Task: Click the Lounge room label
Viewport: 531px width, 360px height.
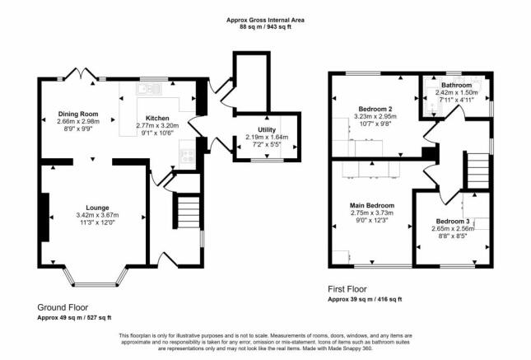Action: tap(97, 208)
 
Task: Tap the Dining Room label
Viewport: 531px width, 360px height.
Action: tap(78, 114)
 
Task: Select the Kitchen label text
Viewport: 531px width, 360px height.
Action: tap(157, 118)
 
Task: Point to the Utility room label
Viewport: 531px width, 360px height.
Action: tap(267, 129)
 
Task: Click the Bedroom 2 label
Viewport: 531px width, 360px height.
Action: tap(375, 109)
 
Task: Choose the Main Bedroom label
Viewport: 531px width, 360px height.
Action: tap(372, 205)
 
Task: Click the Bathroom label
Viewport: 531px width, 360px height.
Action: tap(457, 85)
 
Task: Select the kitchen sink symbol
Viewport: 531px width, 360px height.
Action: tap(149, 89)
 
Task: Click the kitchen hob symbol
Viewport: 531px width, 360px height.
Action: tap(187, 156)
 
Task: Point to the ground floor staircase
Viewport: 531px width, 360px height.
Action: tap(188, 211)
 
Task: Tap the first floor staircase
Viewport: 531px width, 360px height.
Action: tap(477, 171)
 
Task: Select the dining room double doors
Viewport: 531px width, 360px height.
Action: tap(82, 74)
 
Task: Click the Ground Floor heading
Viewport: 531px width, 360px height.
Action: tap(63, 307)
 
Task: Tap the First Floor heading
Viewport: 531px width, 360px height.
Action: tap(347, 289)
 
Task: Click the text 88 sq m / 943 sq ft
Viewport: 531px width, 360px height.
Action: tap(265, 27)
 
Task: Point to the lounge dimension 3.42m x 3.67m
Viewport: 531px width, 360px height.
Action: tap(97, 215)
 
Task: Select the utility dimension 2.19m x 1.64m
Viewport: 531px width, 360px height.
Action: tap(267, 138)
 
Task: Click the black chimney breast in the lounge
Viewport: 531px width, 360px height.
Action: tap(45, 217)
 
